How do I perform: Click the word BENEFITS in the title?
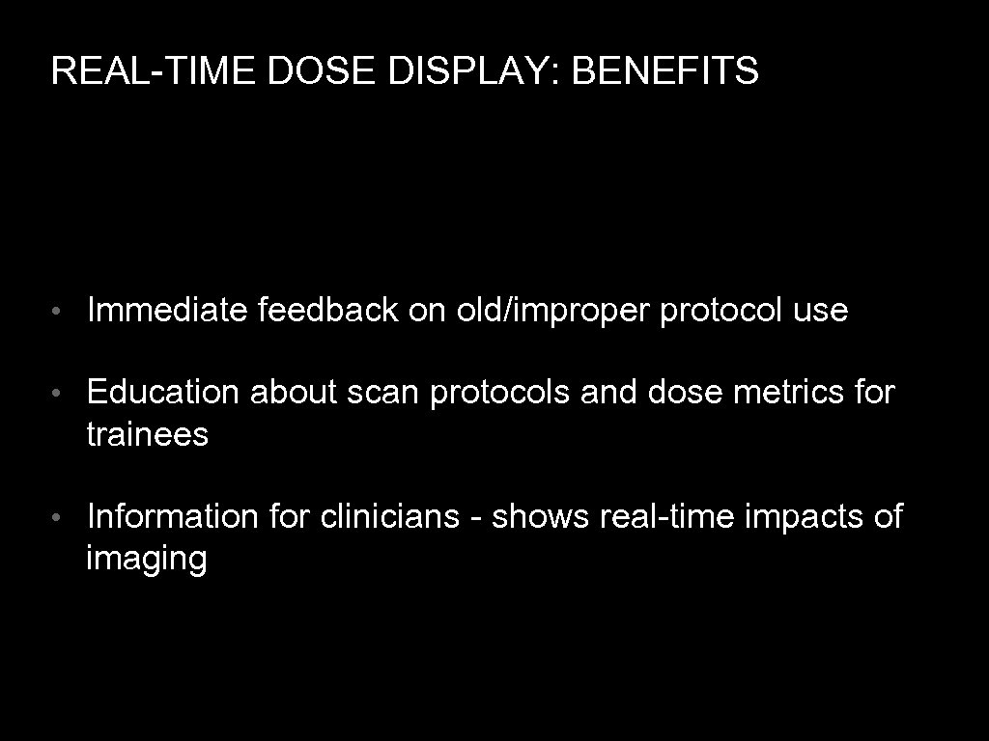(x=664, y=71)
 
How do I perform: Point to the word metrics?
(x=783, y=393)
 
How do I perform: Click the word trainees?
(x=147, y=435)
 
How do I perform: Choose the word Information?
(x=172, y=516)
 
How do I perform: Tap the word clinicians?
(x=389, y=516)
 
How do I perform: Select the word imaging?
(x=146, y=561)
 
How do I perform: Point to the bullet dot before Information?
(x=59, y=518)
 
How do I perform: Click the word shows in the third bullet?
(x=540, y=516)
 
